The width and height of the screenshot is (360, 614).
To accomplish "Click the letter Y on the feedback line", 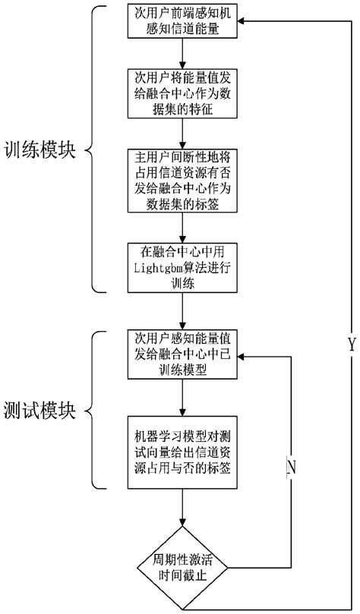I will [x=351, y=345].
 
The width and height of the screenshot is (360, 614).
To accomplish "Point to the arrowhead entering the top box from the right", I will [x=242, y=22].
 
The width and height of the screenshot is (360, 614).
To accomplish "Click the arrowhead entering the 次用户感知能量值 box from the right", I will [x=242, y=354].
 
